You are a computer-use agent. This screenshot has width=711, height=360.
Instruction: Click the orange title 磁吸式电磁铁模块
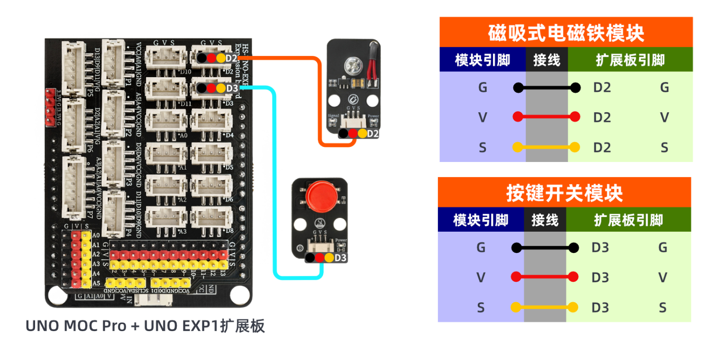click(x=566, y=33)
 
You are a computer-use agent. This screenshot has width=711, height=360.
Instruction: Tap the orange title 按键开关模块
click(x=564, y=193)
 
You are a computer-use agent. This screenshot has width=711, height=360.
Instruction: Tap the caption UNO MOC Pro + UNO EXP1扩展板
click(x=145, y=326)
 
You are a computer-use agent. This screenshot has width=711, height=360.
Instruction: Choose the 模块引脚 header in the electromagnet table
click(x=483, y=60)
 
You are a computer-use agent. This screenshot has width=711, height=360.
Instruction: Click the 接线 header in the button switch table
click(x=545, y=220)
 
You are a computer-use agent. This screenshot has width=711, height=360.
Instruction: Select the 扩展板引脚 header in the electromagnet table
click(x=630, y=60)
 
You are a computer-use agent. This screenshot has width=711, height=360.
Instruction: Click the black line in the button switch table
click(x=545, y=247)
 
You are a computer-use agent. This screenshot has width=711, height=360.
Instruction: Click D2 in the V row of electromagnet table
click(x=602, y=117)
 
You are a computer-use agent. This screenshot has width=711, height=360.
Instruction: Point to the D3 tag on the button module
click(x=341, y=258)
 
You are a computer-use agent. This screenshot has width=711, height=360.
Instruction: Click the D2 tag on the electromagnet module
click(x=373, y=134)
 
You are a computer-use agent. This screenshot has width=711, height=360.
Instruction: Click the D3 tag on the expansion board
click(x=232, y=88)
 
